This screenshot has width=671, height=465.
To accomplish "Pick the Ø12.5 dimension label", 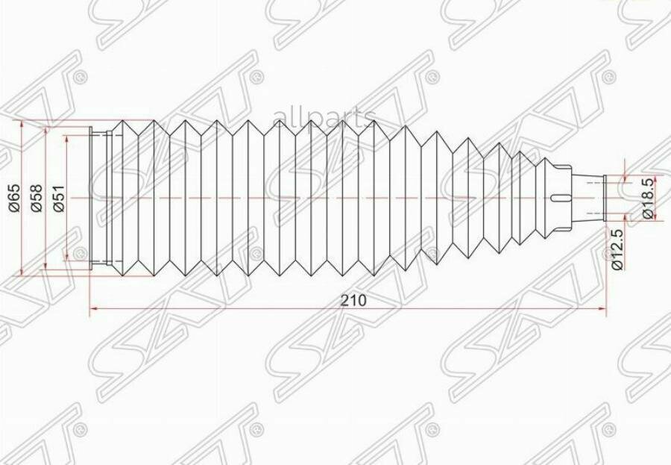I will tap(617, 249).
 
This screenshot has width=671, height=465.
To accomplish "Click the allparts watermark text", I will tap(325, 117).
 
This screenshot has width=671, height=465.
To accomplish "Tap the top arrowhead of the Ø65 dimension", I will tap(23, 123).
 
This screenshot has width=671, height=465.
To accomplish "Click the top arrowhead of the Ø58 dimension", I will tap(45, 131).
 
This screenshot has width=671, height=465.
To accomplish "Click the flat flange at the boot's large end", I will tap(92, 197).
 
